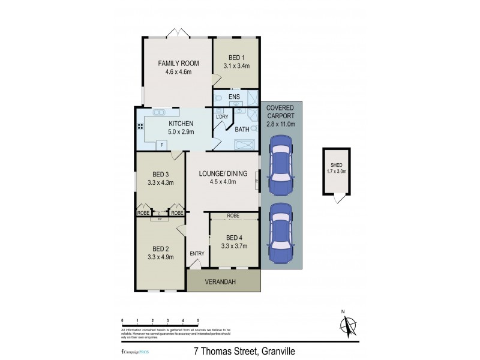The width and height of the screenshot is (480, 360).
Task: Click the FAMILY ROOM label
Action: (x=178, y=64)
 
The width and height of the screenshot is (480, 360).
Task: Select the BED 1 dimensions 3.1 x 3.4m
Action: (x=236, y=65)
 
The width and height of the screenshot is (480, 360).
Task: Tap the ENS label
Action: (x=235, y=96)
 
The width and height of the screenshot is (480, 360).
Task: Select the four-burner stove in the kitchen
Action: (x=140, y=127)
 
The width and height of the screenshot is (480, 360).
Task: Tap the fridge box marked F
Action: (x=161, y=145)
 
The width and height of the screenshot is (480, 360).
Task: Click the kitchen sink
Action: (x=160, y=112)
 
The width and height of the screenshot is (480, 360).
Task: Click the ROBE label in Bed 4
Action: (x=233, y=215)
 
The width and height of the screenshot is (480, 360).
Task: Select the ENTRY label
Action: (x=197, y=253)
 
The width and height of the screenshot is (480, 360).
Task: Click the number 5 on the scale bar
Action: (x=198, y=321)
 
